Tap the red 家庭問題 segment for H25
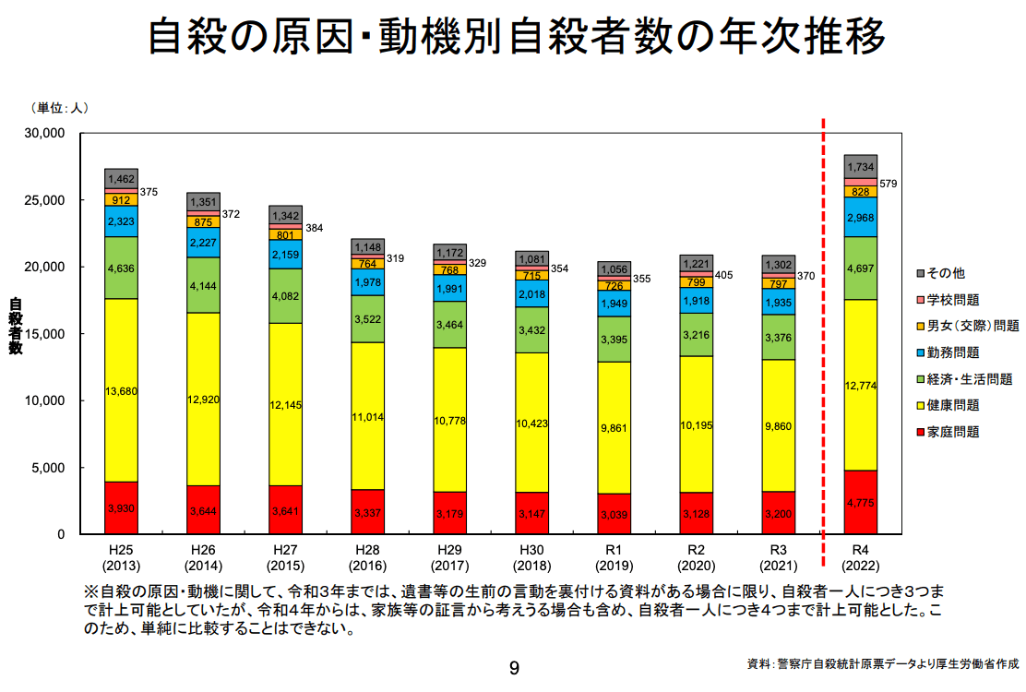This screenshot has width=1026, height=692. click(121, 507)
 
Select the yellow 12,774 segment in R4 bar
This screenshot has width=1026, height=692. click(861, 385)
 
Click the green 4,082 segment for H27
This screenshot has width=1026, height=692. click(285, 295)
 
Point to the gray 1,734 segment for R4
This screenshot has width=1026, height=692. click(861, 167)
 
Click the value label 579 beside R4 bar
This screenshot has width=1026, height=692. click(888, 185)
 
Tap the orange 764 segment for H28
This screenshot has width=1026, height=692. click(367, 264)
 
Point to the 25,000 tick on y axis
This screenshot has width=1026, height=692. click(45, 200)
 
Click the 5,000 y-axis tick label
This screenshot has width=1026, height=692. click(49, 468)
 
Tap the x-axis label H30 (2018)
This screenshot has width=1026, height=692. click(531, 557)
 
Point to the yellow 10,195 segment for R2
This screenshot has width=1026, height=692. click(697, 424)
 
